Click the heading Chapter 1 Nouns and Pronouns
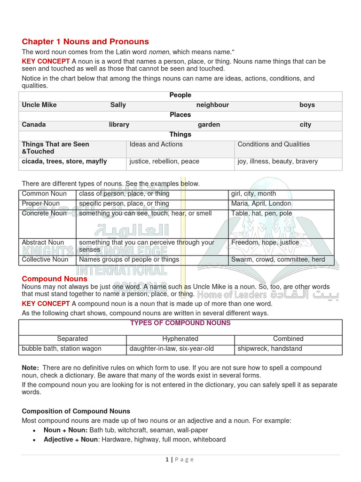(x=85, y=41)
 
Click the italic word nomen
(x=158, y=51)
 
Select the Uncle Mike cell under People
(x=39, y=105)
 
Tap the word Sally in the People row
(x=118, y=105)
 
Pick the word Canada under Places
(x=34, y=125)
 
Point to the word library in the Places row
(x=119, y=125)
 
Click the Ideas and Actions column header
(x=156, y=145)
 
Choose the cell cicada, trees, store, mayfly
(x=64, y=161)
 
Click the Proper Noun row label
(x=41, y=203)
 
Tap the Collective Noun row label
(x=45, y=259)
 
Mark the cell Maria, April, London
(x=261, y=203)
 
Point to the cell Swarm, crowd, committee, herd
(x=278, y=259)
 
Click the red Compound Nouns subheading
(x=55, y=279)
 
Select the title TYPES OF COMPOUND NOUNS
(x=180, y=323)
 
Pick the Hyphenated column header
(x=180, y=338)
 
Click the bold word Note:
(x=31, y=368)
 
